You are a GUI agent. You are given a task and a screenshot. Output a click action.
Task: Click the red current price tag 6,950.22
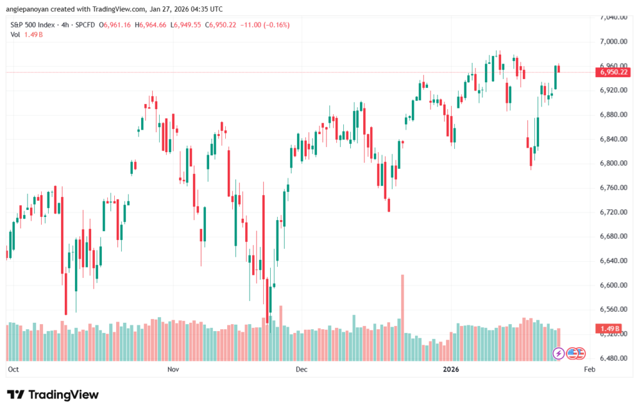(x=612, y=72)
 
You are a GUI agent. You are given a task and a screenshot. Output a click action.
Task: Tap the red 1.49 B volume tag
(x=608, y=328)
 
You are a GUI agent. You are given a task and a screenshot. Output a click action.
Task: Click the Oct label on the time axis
(x=13, y=370)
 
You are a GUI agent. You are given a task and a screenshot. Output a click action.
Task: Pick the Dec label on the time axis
(x=301, y=370)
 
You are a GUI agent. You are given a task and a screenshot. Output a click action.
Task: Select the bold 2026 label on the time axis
(x=451, y=370)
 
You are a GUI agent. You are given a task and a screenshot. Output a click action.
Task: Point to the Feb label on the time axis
(x=588, y=370)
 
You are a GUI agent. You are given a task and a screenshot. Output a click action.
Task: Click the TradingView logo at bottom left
(x=52, y=395)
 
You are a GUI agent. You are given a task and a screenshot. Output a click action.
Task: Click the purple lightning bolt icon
(x=559, y=353)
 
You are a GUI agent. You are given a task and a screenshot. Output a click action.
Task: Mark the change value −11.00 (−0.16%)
(x=265, y=24)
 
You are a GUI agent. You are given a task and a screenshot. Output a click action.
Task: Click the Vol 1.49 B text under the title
(x=25, y=34)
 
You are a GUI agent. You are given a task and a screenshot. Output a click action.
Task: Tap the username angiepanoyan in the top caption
(x=27, y=9)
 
